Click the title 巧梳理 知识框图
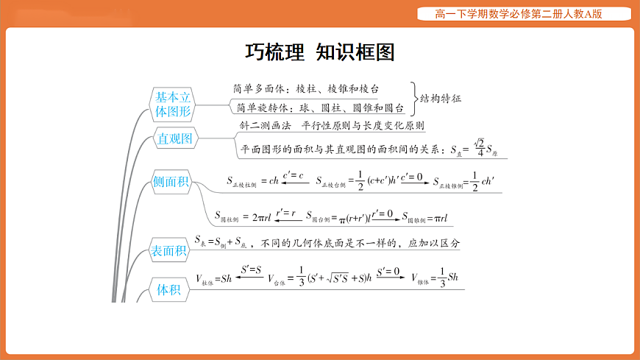tap(319, 52)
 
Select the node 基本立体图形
tap(173, 105)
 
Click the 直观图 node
tap(174, 138)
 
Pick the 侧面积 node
tap(171, 181)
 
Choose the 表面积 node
tap(168, 251)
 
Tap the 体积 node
tap(168, 289)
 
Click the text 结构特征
tap(444, 98)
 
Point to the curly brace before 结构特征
tap(415, 98)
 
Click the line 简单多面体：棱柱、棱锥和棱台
tap(306, 88)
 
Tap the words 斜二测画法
tap(266, 126)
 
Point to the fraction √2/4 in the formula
tap(479, 147)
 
